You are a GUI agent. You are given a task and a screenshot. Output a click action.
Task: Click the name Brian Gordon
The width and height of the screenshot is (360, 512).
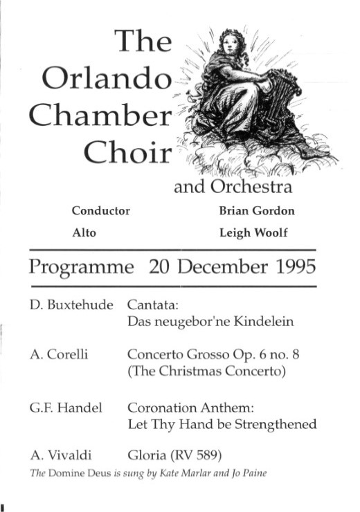click(257, 211)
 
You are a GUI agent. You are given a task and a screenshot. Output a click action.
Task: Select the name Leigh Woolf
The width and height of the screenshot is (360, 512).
click(253, 233)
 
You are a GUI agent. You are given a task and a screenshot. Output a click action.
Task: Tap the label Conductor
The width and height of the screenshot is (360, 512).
click(100, 211)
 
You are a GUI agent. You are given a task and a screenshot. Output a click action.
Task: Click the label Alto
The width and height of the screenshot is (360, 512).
click(84, 233)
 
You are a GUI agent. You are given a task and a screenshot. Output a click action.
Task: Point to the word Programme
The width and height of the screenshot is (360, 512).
click(81, 268)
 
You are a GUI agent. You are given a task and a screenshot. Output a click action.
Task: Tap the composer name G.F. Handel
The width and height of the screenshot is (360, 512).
click(66, 408)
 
